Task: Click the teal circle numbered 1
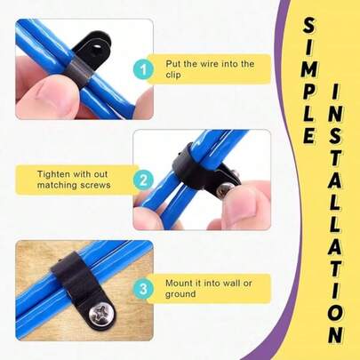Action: (143, 69)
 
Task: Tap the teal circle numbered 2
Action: (143, 180)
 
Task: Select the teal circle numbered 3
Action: (143, 289)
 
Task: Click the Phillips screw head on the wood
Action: (101, 314)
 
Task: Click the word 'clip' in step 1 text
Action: (173, 75)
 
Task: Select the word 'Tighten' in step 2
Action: (53, 174)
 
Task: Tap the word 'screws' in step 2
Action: (95, 185)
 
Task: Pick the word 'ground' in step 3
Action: (180, 294)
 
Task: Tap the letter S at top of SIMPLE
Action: (309, 27)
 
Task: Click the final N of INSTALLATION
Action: (336, 335)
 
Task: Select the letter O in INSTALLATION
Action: (336, 314)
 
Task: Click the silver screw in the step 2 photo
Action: (224, 190)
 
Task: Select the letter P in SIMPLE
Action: (309, 92)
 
